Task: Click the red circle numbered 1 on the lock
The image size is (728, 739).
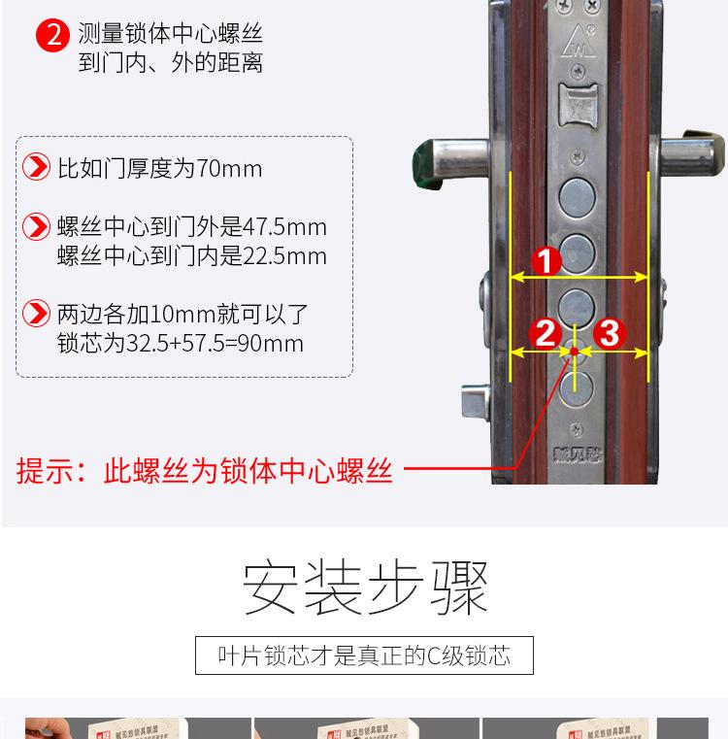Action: (546, 261)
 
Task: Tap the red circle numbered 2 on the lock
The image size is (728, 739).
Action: (546, 334)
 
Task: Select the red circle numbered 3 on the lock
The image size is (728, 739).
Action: (609, 334)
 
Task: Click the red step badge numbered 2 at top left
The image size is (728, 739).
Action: (52, 36)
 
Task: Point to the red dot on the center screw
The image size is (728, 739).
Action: (575, 352)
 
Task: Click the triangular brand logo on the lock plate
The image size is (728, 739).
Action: (579, 39)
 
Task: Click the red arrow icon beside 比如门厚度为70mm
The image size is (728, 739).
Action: (36, 168)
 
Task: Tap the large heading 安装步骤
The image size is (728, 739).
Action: (365, 588)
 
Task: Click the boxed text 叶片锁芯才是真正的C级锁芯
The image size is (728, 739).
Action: (364, 655)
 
